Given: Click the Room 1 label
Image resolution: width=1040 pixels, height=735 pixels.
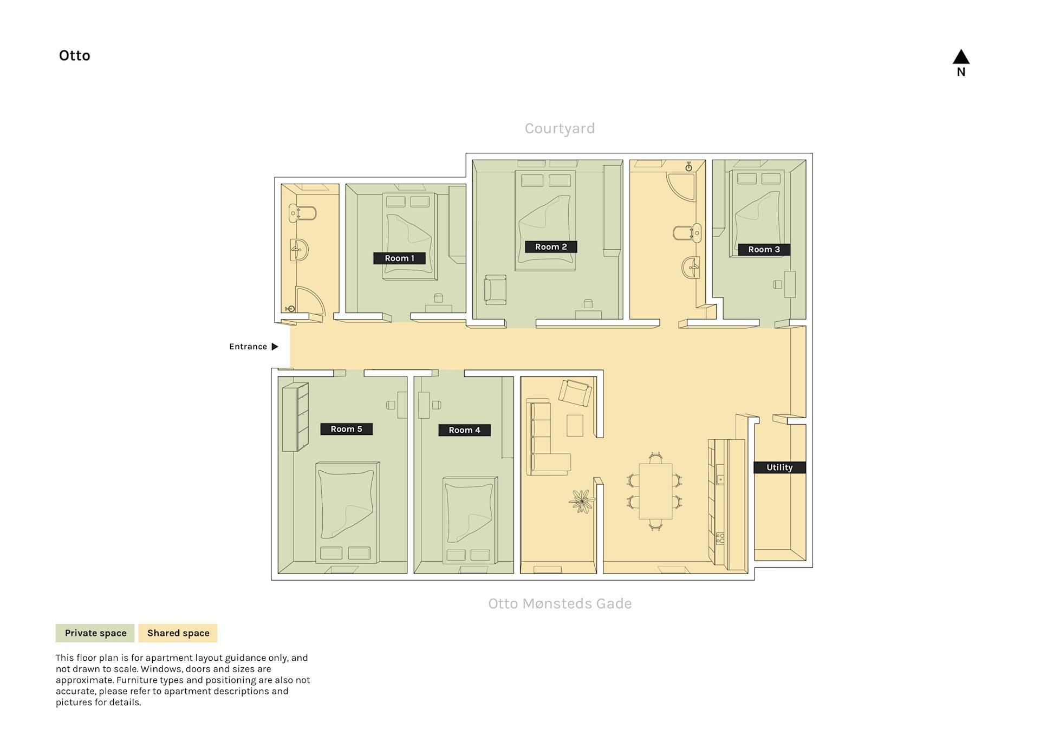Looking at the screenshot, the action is pyautogui.click(x=399, y=258).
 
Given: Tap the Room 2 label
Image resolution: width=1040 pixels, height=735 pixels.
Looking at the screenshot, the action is pyautogui.click(x=551, y=247).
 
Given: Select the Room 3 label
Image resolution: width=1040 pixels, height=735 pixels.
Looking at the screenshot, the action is pyautogui.click(x=764, y=250).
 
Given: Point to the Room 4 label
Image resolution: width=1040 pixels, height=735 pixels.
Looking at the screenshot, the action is pyautogui.click(x=464, y=430).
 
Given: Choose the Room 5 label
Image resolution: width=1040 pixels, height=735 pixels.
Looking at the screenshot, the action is pyautogui.click(x=346, y=429).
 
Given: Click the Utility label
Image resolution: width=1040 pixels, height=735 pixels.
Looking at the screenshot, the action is pyautogui.click(x=779, y=467).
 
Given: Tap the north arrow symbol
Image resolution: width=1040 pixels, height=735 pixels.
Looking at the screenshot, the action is pyautogui.click(x=961, y=57).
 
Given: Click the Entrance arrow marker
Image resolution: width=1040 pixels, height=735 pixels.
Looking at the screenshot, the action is pyautogui.click(x=275, y=347).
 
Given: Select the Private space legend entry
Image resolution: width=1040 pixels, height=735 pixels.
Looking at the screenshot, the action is pyautogui.click(x=95, y=633).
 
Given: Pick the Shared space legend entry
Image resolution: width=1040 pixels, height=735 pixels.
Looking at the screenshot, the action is pyautogui.click(x=178, y=633).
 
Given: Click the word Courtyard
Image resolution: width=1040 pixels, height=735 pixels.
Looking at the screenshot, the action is pyautogui.click(x=560, y=128).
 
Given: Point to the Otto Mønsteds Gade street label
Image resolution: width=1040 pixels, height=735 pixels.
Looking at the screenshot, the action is pyautogui.click(x=560, y=603).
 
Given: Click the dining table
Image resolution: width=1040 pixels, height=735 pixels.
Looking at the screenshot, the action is pyautogui.click(x=655, y=491).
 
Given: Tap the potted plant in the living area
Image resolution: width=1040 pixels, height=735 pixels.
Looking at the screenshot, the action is pyautogui.click(x=582, y=502).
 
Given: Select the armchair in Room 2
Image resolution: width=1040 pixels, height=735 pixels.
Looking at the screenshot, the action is pyautogui.click(x=495, y=290).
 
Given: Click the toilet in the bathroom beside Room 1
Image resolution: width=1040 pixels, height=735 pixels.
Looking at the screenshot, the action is pyautogui.click(x=302, y=213).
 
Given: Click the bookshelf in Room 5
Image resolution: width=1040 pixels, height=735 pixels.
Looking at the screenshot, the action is pyautogui.click(x=295, y=417).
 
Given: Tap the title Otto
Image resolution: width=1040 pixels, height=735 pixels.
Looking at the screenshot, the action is pyautogui.click(x=75, y=56).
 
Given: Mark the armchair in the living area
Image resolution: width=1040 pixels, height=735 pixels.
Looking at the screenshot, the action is pyautogui.click(x=575, y=393).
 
